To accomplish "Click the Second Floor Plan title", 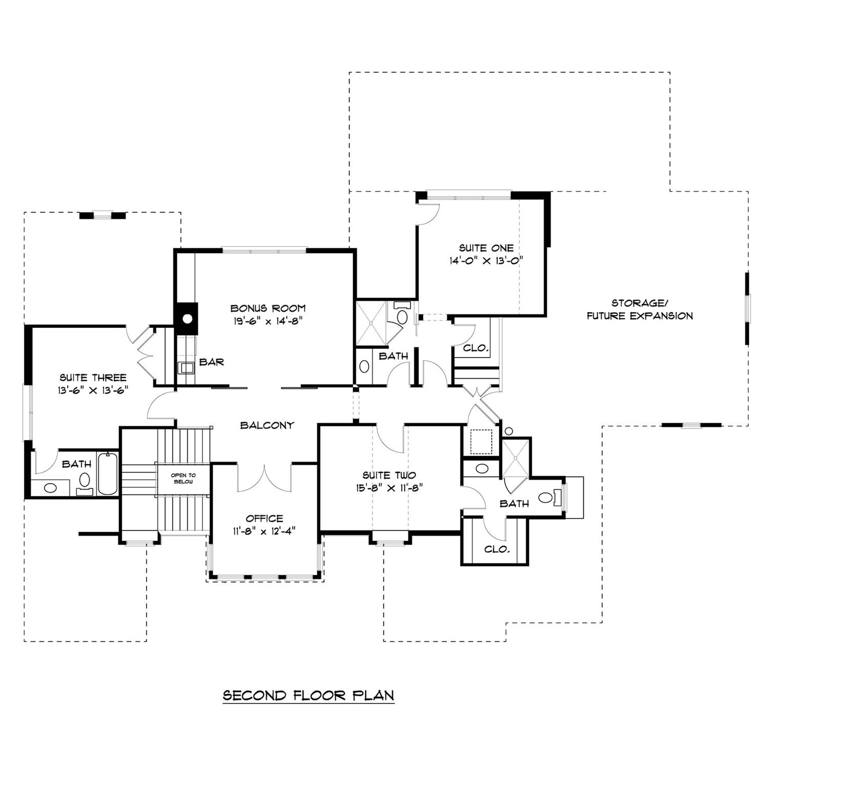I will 309,695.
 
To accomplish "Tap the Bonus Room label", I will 268,308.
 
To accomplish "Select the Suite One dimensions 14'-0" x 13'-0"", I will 486,260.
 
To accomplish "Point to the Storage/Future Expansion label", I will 639,309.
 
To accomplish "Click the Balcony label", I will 267,425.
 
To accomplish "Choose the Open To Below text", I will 183,479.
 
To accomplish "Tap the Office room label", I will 264,519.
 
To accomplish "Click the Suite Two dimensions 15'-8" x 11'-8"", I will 389,488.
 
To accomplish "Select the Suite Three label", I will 93,378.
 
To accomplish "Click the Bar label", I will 211,362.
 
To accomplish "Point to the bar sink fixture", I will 186,367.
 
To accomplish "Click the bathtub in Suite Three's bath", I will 108,473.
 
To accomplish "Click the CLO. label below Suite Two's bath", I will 497,549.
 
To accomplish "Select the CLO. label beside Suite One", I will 476,348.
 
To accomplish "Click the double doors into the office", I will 264,478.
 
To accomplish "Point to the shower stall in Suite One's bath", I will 371,323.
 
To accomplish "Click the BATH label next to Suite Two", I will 514,504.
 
